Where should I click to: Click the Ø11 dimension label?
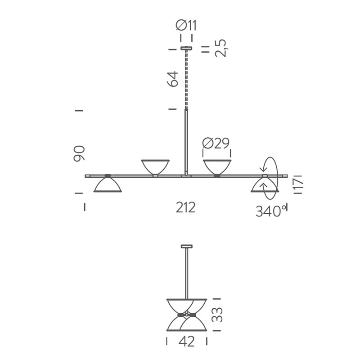pos(186,26)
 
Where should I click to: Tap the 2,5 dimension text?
pos(220,48)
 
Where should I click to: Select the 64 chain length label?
pos(172,79)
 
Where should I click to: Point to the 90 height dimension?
pos(79,153)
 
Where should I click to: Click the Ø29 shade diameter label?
pos(216,144)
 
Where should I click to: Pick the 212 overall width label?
pos(185,207)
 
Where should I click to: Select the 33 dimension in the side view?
pos(218,314)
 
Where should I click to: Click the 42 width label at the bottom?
pos(186,342)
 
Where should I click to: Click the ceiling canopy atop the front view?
pos(186,48)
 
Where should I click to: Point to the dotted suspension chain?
pos(186,79)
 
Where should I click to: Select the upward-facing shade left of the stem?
pos(155,166)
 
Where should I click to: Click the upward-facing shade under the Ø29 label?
pos(217,166)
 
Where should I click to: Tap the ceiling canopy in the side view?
pos(186,246)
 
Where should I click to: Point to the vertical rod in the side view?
pos(186,272)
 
